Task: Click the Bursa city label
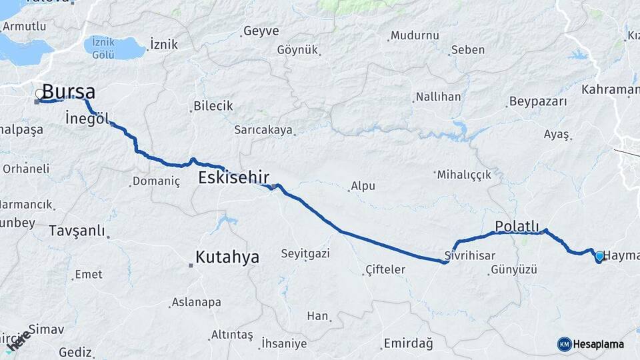pyautogui.click(x=69, y=92)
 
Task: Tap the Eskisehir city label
pyautogui.click(x=233, y=177)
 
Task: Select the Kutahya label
pyautogui.click(x=227, y=257)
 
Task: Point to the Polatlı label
pyautogui.click(x=517, y=226)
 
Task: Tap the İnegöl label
pyautogui.click(x=87, y=119)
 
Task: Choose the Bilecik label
pyautogui.click(x=213, y=106)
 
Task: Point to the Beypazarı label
pyautogui.click(x=537, y=102)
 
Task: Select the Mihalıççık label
pyautogui.click(x=463, y=175)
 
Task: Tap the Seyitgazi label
pyautogui.click(x=305, y=253)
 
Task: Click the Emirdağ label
pyautogui.click(x=408, y=344)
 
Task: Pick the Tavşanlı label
pyautogui.click(x=77, y=231)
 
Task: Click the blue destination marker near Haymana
pyautogui.click(x=599, y=256)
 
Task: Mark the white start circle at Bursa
pyautogui.click(x=39, y=95)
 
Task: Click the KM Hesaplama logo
pyautogui.click(x=591, y=344)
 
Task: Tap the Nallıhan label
pyautogui.click(x=438, y=97)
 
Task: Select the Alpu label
pyautogui.click(x=363, y=187)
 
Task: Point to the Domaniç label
pyautogui.click(x=156, y=181)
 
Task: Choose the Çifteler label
pyautogui.click(x=385, y=269)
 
